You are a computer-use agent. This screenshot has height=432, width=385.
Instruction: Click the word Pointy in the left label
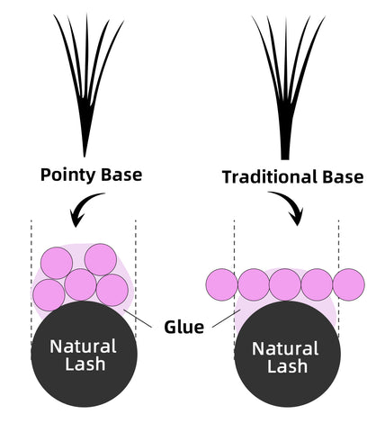coord(68,175)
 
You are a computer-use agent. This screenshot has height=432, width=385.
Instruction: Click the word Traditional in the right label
coord(270,176)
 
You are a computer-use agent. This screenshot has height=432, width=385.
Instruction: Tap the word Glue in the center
coord(184,327)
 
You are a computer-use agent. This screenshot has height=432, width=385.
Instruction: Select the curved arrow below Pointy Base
coord(83,207)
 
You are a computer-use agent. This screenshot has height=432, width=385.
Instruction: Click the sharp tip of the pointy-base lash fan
coord(85,156)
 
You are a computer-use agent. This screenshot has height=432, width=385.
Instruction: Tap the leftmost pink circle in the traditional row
coord(222,284)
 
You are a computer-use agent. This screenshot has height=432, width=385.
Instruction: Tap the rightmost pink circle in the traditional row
coord(349,284)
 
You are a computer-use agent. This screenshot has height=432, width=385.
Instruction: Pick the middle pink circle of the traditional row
coord(285,284)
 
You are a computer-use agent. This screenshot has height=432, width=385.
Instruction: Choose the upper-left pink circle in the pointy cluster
coord(57,263)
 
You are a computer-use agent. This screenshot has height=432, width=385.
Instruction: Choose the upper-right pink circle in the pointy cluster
coord(101,259)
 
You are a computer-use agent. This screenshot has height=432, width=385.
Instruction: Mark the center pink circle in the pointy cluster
coord(81,284)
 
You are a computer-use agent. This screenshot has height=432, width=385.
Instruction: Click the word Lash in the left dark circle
coord(85,364)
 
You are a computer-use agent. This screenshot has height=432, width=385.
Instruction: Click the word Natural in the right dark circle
coord(285,348)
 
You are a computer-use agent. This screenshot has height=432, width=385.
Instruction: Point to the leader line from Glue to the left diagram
coord(138,319)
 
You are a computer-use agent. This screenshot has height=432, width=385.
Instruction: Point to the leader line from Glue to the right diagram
coord(226,319)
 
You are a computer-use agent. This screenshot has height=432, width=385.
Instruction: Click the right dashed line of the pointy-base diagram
coord(136,279)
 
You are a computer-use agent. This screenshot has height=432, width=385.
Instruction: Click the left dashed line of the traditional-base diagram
coord(234,290)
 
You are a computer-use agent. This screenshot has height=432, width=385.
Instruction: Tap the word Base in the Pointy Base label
coord(121,175)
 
